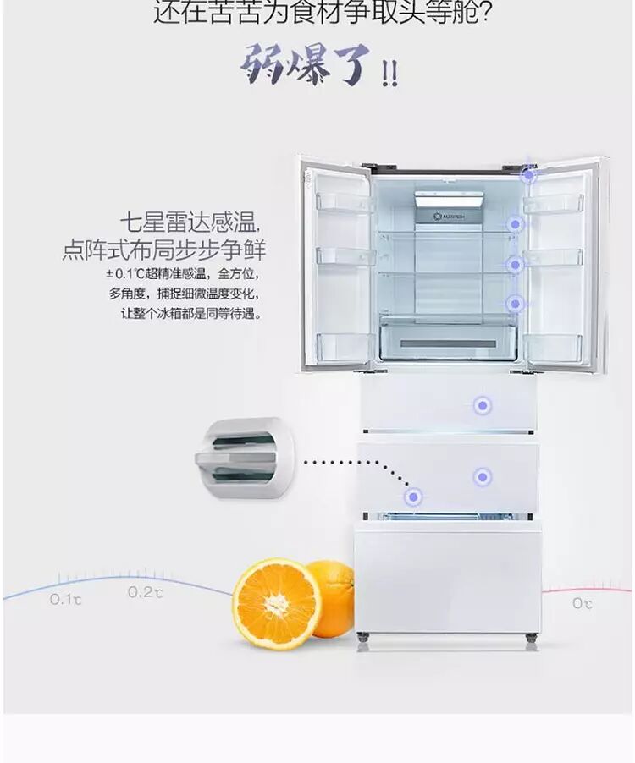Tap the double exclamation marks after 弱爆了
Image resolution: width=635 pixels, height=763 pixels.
click(x=389, y=74)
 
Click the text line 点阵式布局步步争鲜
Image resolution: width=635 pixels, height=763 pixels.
click(x=163, y=250)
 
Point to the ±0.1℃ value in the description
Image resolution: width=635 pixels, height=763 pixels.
click(x=124, y=273)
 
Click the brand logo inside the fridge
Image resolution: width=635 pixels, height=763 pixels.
click(x=449, y=216)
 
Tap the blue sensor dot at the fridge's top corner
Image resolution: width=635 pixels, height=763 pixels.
click(x=528, y=175)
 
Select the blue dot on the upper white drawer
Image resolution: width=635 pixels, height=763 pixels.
click(x=482, y=406)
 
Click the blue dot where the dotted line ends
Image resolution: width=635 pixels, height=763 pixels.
click(x=413, y=497)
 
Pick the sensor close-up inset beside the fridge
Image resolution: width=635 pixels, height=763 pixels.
click(x=243, y=459)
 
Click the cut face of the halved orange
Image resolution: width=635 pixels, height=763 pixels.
click(x=276, y=603)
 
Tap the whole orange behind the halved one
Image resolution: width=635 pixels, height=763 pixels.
click(x=334, y=596)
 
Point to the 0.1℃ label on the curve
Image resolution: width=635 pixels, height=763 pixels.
click(x=65, y=599)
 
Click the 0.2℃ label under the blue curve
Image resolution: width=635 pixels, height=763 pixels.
click(x=145, y=592)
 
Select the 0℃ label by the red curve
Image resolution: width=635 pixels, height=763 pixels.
click(x=582, y=602)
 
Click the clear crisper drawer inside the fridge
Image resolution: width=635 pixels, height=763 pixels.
click(x=448, y=338)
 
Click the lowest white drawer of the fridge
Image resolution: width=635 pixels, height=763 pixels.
click(x=447, y=575)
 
